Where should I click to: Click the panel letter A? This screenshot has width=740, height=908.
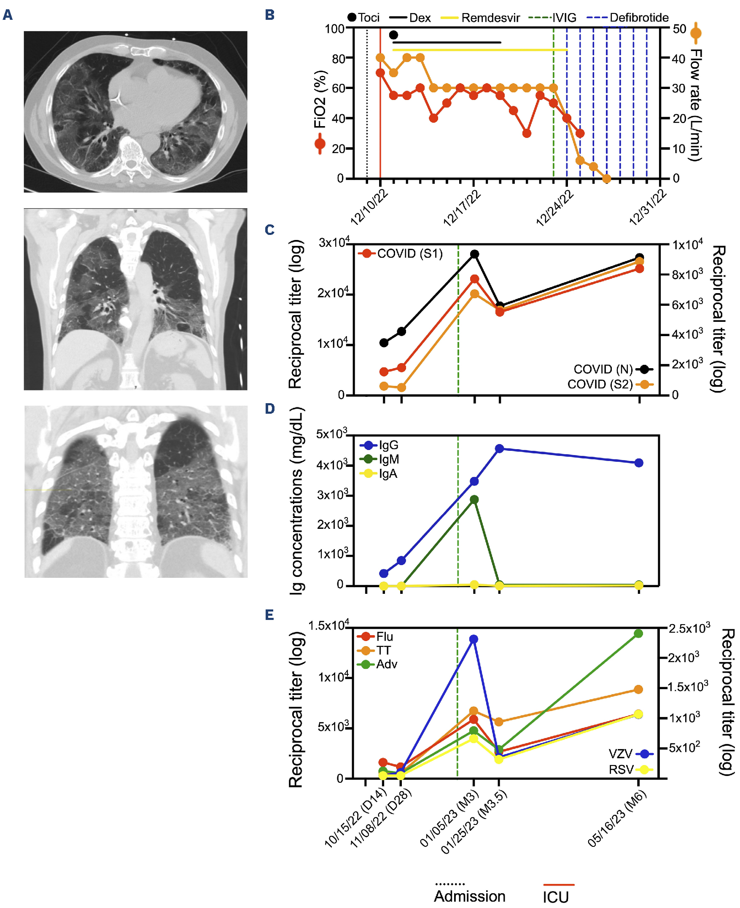[8, 15]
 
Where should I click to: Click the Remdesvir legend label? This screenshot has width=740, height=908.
[490, 18]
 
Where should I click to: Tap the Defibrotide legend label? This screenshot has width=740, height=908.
[638, 18]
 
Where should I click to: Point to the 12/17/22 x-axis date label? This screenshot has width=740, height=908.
[463, 208]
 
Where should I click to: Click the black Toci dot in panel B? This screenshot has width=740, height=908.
[393, 35]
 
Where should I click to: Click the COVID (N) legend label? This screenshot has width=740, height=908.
[603, 369]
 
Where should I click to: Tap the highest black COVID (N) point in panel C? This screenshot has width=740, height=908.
[474, 254]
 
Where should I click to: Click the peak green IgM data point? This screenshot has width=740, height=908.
[474, 500]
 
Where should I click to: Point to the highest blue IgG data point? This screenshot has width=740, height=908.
[500, 448]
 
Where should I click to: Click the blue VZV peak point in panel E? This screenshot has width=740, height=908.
[474, 639]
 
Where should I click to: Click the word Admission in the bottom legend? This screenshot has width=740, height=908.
[469, 897]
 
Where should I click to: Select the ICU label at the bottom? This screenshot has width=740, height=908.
[555, 897]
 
